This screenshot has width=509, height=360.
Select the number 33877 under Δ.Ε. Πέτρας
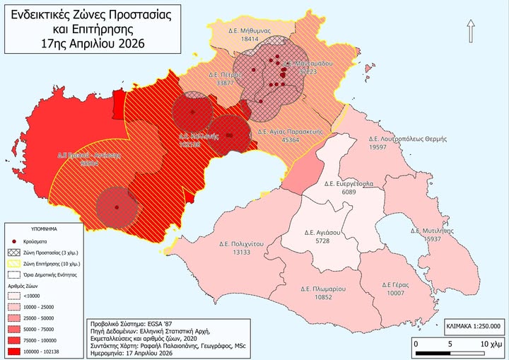(226, 83)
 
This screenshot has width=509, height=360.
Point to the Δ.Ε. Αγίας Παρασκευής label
(291, 132)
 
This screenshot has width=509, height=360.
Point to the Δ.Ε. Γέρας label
(394, 284)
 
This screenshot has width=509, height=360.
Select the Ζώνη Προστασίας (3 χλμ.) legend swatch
(14, 252)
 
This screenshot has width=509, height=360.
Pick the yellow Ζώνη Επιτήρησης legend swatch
(14, 263)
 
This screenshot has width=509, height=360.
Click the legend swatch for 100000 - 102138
(14, 352)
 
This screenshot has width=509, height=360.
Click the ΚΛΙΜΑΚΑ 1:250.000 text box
(474, 327)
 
